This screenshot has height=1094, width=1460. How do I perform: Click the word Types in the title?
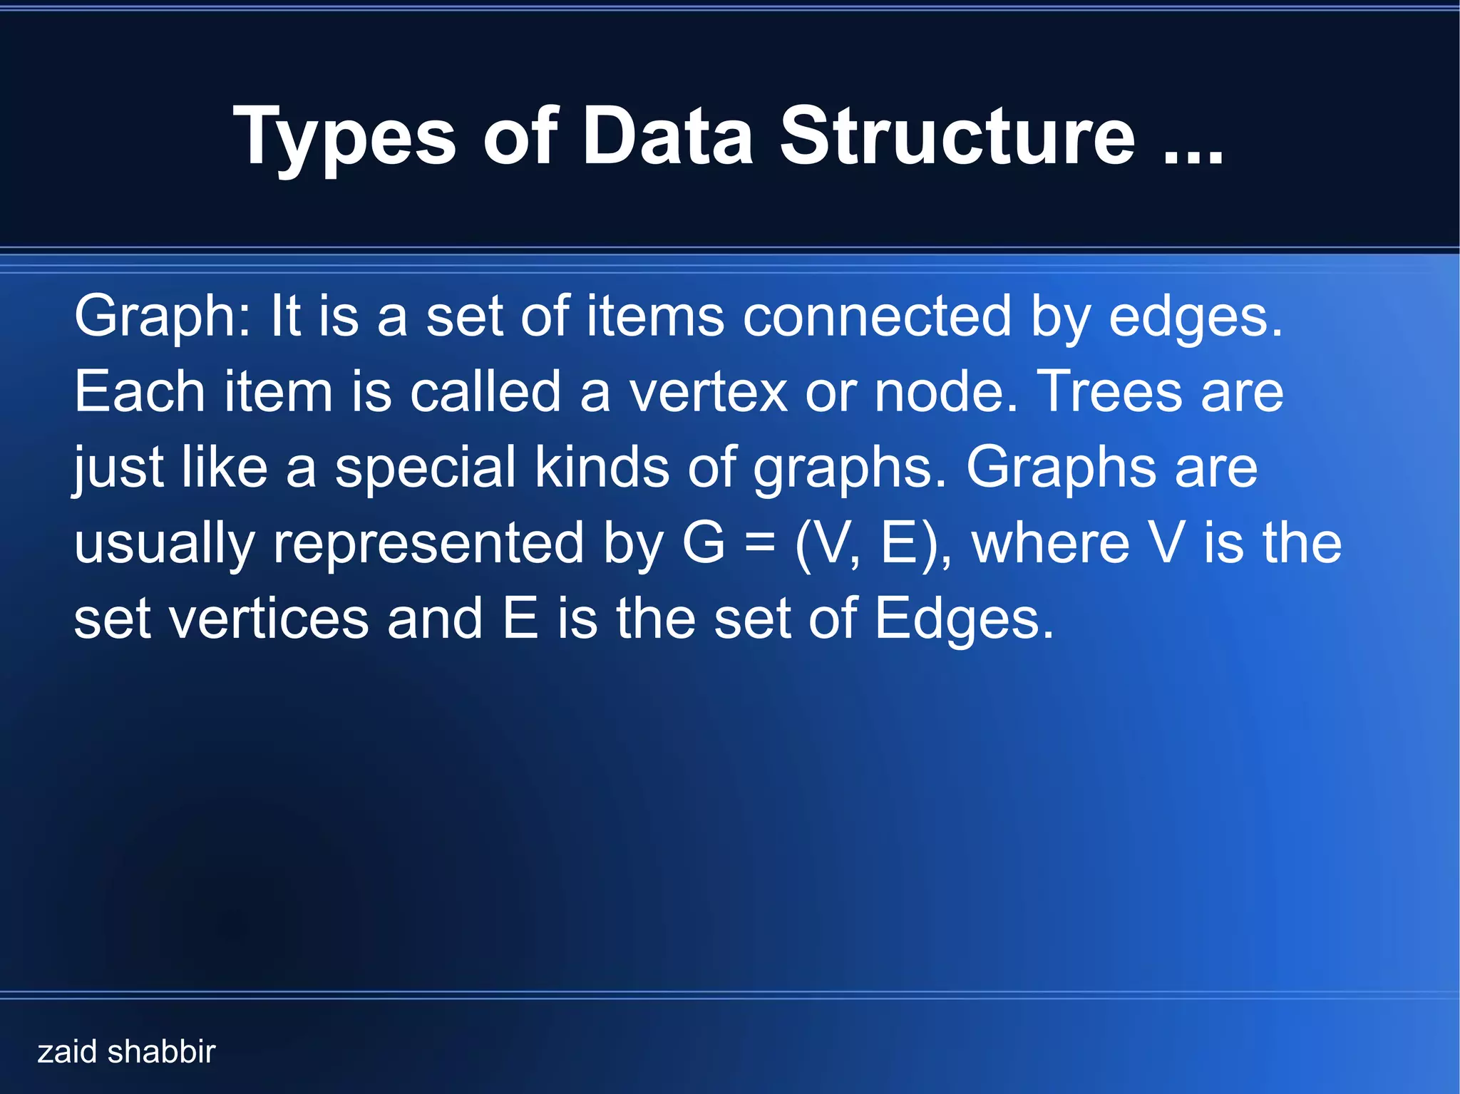344,137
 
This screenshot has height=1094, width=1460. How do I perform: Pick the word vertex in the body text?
707,392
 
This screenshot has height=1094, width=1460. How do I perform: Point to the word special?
425,468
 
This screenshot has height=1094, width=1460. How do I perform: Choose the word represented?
428,543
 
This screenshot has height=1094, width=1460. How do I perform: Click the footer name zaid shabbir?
126,1052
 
